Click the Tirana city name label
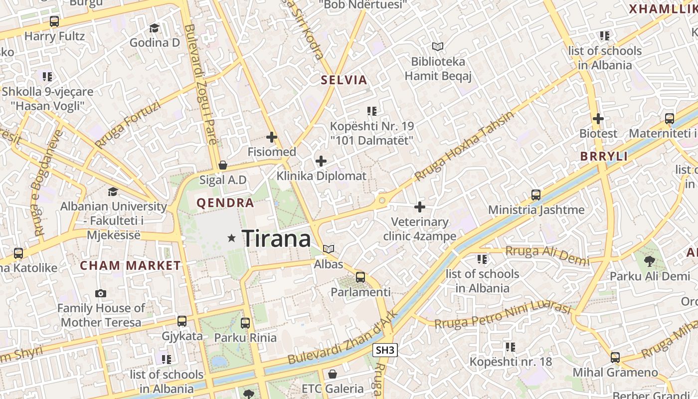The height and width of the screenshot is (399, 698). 277,239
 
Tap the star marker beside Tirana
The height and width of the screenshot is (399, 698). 231,238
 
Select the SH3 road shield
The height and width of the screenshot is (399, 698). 385,350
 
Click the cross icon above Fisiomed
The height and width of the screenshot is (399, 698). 272,137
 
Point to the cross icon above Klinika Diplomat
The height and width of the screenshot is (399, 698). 321,161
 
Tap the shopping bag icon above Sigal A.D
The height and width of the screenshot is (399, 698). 223,165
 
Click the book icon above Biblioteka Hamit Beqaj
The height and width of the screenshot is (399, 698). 438,47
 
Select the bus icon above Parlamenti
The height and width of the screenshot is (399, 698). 360,277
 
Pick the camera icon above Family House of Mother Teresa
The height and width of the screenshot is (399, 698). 101,293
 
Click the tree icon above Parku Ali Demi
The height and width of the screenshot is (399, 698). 649,261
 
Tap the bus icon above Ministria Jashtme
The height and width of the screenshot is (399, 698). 536,195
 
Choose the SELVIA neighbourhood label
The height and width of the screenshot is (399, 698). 344,80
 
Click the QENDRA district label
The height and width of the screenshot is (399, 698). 225,203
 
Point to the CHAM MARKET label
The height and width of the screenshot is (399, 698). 131,265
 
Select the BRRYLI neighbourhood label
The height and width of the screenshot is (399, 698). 604,156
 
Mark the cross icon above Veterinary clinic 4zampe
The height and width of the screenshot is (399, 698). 420,206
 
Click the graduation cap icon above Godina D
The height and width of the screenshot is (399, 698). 155,28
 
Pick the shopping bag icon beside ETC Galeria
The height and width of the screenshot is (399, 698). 333,374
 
